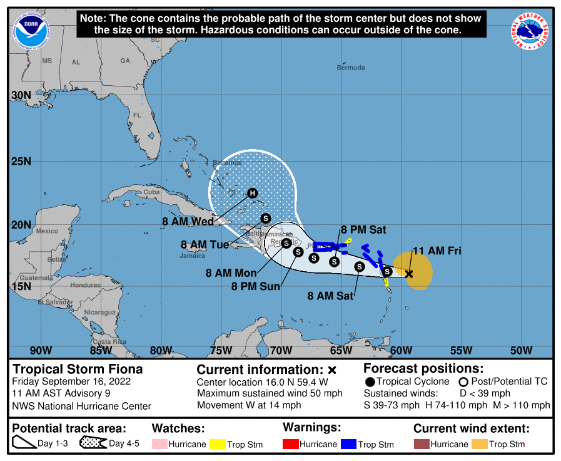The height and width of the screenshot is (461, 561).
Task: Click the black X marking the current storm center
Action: coord(409,274)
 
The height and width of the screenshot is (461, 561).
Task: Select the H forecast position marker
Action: coord(252,193)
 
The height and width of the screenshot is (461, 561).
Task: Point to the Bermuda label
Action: coord(350,68)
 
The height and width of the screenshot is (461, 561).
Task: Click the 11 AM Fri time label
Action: coord(437,251)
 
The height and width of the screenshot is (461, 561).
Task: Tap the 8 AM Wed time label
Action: coord(188,221)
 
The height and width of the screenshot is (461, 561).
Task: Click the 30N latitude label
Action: coord(21,95)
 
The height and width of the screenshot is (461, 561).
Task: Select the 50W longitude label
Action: coord(521,350)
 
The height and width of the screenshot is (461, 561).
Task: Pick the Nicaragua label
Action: coord(101,312)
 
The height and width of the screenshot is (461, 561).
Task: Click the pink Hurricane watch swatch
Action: coord(160,445)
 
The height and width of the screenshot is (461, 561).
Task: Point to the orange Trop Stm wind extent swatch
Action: coord(480,445)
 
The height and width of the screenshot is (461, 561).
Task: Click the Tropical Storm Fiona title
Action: coord(78,370)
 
